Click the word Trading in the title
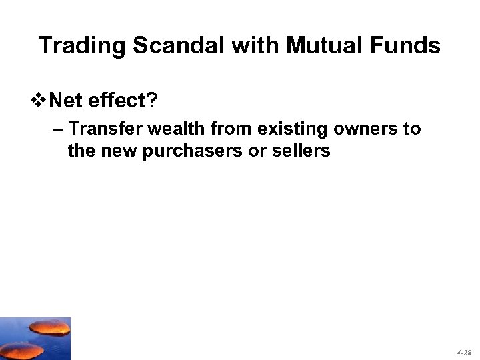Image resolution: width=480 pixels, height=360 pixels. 83,46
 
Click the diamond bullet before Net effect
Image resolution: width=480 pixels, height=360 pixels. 40,101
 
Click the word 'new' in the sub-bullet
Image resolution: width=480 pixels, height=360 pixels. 117,151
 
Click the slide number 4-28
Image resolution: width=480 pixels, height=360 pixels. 463,351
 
